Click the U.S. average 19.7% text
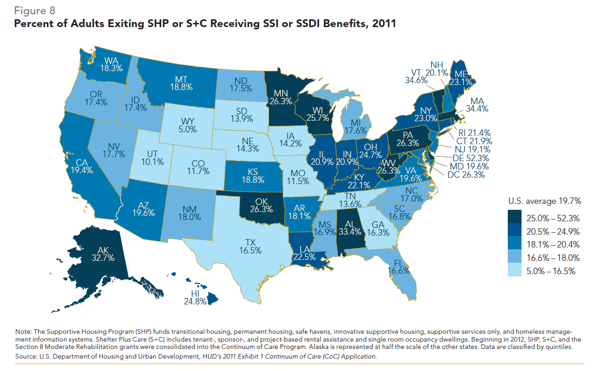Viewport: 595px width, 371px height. (x=544, y=201)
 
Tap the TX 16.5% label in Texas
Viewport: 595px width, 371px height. (x=250, y=247)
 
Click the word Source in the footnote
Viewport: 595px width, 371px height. (x=26, y=356)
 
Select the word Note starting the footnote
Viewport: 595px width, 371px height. (x=23, y=332)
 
